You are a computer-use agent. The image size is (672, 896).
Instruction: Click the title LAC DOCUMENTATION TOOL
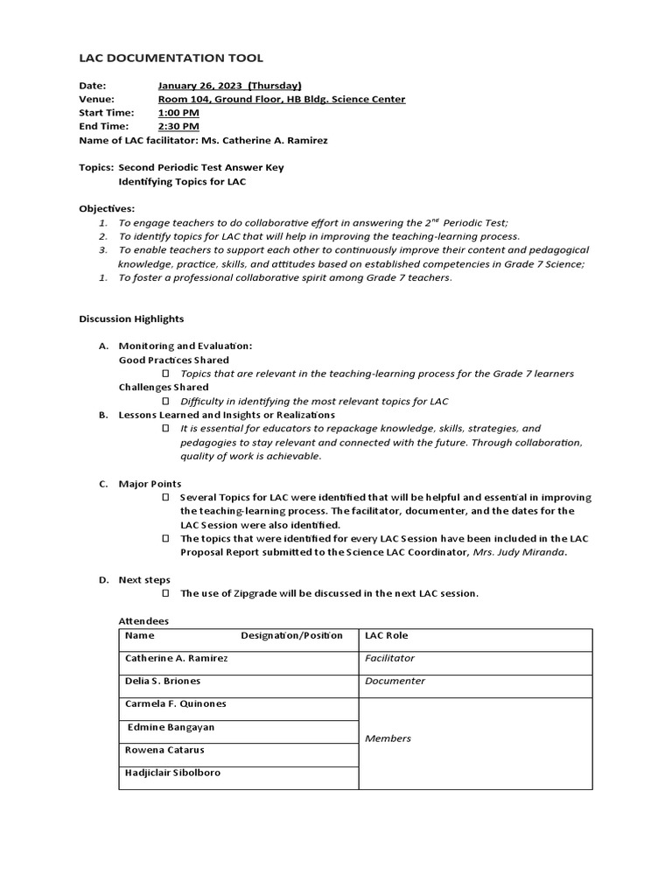171,58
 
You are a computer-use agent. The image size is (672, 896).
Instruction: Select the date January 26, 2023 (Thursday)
229,86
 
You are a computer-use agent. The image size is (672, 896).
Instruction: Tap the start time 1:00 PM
178,113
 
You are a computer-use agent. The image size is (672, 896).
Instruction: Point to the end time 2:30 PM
178,126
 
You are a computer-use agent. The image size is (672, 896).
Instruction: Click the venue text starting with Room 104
281,99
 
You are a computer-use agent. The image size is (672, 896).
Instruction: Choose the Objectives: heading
107,208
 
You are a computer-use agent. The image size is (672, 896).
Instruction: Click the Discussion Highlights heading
131,318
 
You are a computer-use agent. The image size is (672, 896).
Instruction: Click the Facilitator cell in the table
389,658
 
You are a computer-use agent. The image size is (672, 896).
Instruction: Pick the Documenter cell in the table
395,681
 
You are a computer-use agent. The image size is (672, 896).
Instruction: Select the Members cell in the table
388,738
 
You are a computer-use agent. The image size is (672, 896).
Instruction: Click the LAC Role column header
386,635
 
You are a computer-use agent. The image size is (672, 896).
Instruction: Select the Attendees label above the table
143,620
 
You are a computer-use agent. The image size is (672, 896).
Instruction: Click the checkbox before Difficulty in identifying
166,401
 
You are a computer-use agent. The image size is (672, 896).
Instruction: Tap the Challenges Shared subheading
164,387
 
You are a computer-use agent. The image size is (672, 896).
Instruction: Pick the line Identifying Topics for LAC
182,181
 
